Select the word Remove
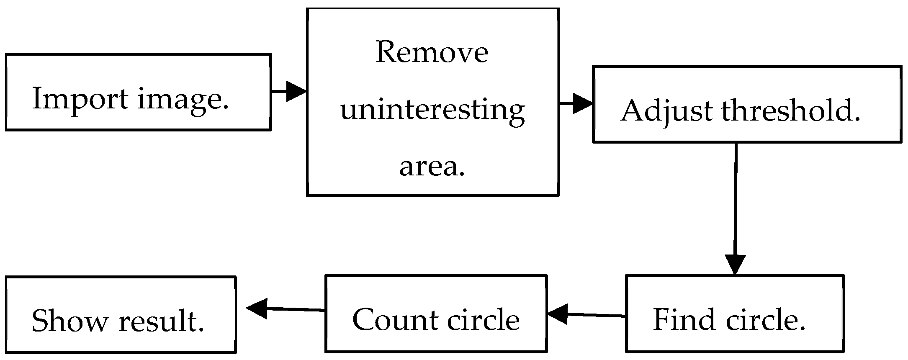point(432,53)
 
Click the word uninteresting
point(432,111)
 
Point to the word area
point(432,167)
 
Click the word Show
point(69,321)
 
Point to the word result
point(161,321)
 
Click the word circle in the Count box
point(483,320)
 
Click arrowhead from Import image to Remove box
point(297,91)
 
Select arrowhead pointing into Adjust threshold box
point(583,103)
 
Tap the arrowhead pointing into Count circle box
point(557,314)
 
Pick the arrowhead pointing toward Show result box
point(257,309)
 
